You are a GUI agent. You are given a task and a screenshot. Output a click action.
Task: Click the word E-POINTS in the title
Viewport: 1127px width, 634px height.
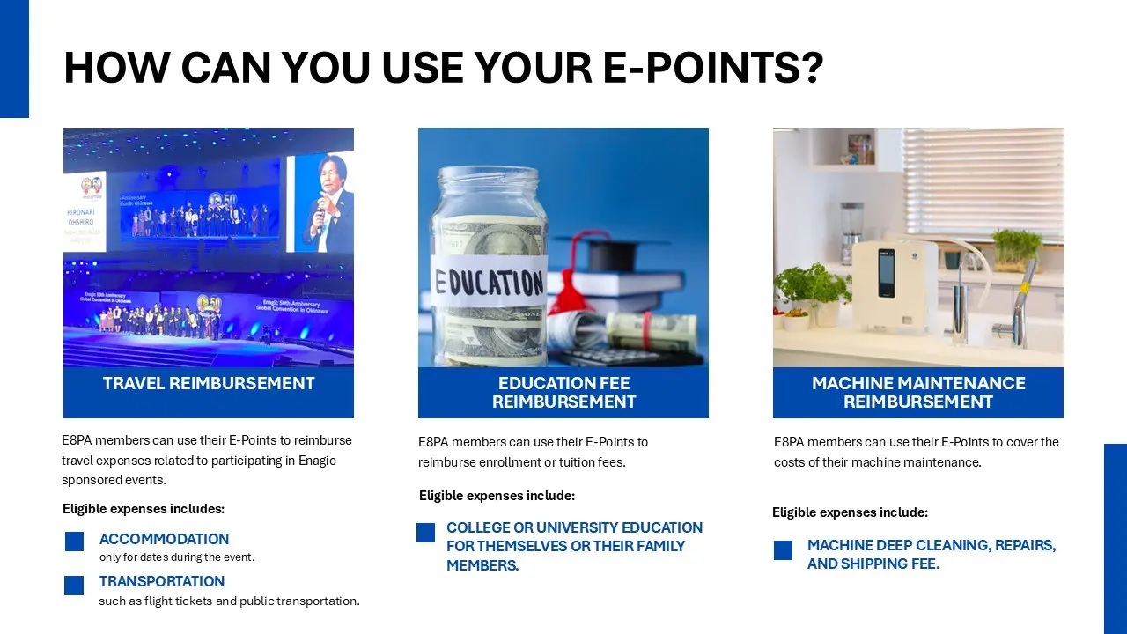click(713, 67)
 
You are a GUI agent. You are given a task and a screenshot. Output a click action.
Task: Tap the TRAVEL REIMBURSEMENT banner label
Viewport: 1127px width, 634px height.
click(209, 383)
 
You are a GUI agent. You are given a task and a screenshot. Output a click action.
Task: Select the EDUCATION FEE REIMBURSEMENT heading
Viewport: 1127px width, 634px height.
click(563, 393)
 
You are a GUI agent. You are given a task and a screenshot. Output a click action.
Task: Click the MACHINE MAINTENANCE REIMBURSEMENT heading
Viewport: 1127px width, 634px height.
click(918, 393)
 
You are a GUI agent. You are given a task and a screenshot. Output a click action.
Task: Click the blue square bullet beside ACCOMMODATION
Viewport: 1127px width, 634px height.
click(75, 542)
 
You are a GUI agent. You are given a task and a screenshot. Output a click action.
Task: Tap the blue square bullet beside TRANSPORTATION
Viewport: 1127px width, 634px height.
click(74, 586)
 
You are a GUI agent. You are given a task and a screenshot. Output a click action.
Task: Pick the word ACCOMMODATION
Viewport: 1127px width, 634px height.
click(164, 539)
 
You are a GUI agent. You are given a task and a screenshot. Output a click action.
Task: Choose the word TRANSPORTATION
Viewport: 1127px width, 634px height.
click(162, 581)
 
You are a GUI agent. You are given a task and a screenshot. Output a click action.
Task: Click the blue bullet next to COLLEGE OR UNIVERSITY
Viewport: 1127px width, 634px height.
click(425, 533)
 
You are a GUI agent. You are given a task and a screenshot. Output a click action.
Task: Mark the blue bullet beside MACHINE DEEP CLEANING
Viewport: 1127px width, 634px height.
click(783, 550)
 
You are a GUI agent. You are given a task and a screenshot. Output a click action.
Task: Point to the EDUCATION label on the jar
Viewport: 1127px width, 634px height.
click(490, 283)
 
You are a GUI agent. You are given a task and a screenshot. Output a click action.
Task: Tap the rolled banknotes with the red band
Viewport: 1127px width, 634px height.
click(652, 331)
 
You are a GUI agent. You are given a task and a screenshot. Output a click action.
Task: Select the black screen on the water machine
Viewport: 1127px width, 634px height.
click(887, 273)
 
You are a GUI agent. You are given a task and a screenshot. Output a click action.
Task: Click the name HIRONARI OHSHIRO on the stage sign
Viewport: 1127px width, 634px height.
click(80, 217)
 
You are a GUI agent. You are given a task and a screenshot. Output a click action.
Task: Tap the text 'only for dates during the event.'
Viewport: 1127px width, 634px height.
click(177, 557)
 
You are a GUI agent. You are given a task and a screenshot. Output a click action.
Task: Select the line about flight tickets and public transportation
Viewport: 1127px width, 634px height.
click(230, 601)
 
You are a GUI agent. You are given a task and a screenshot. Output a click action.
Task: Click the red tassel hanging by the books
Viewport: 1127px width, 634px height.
click(569, 294)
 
